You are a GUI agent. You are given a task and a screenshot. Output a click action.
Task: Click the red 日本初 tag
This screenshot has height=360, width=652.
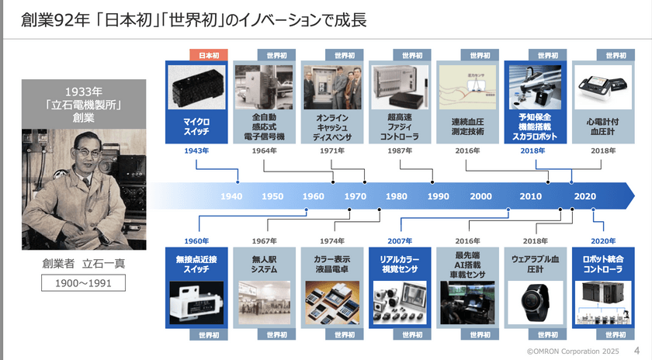[x=209, y=56]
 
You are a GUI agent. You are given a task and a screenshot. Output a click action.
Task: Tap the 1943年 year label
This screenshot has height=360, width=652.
[x=198, y=151]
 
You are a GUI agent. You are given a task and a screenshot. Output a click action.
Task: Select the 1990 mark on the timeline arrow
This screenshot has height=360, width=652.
[x=438, y=196]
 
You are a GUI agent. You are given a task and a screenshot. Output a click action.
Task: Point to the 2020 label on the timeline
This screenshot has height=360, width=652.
[x=584, y=196]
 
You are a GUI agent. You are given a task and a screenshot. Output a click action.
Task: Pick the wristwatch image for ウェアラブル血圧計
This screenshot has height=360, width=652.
[x=535, y=303]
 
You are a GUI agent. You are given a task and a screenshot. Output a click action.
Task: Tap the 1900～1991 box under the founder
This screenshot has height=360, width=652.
[x=83, y=283]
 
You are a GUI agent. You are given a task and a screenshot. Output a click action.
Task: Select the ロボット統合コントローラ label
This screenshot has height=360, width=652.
[x=602, y=263]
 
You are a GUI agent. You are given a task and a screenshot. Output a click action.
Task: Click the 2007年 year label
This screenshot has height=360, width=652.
[x=401, y=241]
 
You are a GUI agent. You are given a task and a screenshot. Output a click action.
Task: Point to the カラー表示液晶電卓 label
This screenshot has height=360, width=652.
[x=333, y=263]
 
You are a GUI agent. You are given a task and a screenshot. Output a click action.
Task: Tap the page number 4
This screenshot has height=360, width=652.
[x=638, y=351]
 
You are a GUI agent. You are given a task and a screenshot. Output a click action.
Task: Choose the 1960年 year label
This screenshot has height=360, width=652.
[x=198, y=241]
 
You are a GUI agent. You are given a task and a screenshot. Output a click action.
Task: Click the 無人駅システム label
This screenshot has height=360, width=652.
[x=265, y=263]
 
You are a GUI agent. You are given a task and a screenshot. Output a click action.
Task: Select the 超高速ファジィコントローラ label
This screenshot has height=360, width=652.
[x=401, y=127]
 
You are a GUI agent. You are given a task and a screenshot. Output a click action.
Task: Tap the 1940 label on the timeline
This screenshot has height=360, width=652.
[x=231, y=196]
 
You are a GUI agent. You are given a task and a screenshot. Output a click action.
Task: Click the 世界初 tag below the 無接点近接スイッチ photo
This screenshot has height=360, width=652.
[x=209, y=334]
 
